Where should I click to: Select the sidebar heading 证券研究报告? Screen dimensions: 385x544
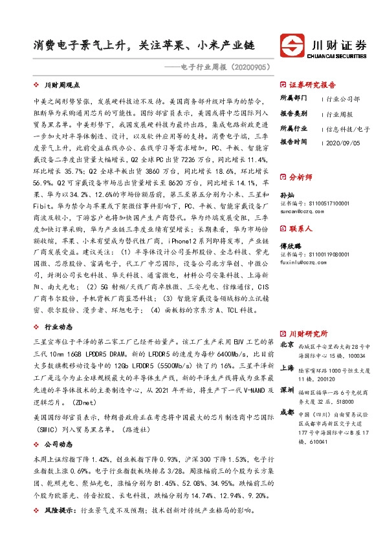[x=312, y=85]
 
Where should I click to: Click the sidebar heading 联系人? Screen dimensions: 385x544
[x=300, y=228]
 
